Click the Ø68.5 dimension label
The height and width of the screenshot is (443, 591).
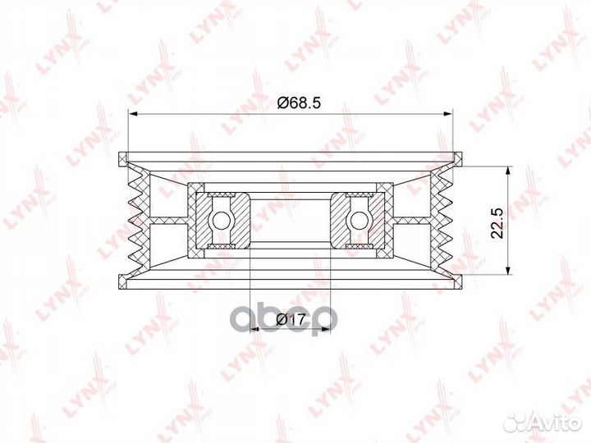pyautogui.click(x=299, y=102)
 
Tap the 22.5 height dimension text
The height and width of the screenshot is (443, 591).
pyautogui.click(x=497, y=222)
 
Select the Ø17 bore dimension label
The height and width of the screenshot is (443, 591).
pyautogui.click(x=290, y=320)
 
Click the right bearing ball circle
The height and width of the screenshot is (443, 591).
pyautogui.click(x=359, y=220)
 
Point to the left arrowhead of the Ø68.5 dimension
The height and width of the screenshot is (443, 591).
pyautogui.click(x=134, y=113)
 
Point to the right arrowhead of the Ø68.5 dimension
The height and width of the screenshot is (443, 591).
pyautogui.click(x=447, y=113)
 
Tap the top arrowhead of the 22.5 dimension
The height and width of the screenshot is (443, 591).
pyautogui.click(x=508, y=171)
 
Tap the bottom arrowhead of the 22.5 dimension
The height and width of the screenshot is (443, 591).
pyautogui.click(x=508, y=270)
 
